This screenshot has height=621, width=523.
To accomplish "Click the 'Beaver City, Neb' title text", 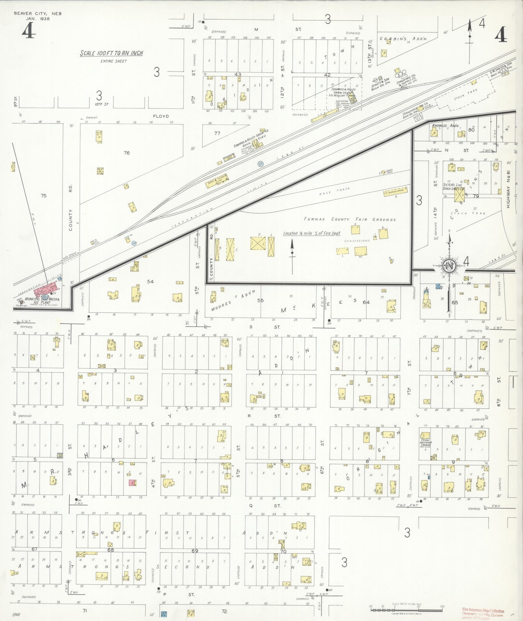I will (37, 14).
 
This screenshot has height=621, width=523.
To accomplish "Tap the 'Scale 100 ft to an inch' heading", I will (112, 54).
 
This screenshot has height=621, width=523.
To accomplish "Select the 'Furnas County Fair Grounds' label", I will (350, 219).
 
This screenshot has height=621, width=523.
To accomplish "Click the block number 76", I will (126, 153).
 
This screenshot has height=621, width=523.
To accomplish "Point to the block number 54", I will (150, 281).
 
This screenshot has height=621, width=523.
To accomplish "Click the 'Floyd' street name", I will (161, 116).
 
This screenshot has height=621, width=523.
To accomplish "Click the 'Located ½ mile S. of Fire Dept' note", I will (312, 233).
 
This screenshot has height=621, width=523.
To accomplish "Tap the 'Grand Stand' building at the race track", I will (395, 192).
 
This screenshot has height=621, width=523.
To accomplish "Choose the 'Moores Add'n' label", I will (233, 301).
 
